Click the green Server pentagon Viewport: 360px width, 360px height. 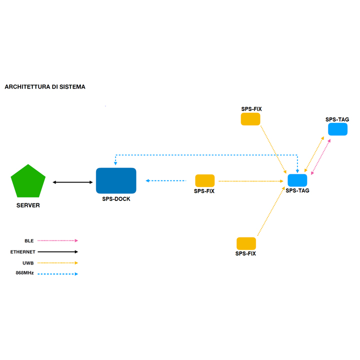[28, 181]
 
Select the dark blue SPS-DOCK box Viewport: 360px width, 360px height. [116, 180]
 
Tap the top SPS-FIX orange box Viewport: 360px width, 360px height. [250, 119]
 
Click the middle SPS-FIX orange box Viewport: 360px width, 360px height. [204, 180]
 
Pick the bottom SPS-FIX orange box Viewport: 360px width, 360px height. [246, 243]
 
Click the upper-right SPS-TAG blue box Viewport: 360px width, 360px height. [337, 129]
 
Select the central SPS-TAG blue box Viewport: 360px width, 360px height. [297, 180]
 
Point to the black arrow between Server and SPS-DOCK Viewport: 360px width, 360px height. [73, 182]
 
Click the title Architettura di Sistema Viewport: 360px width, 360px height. [45, 86]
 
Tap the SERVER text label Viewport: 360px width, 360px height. [28, 205]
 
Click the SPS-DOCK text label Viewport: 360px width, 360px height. [115, 199]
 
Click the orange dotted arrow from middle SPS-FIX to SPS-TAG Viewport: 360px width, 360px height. [250, 181]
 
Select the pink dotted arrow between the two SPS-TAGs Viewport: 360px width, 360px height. [320, 157]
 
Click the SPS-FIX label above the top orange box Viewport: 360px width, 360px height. [251, 109]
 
